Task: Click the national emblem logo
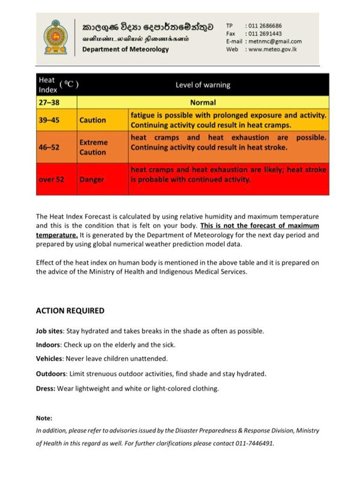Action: (x=56, y=36)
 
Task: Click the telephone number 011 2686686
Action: (x=264, y=26)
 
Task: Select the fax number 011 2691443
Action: (x=264, y=34)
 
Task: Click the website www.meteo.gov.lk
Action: (x=274, y=49)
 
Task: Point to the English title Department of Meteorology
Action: (x=125, y=49)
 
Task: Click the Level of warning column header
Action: (x=203, y=85)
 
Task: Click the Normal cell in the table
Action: (x=203, y=103)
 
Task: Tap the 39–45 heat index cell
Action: (x=50, y=120)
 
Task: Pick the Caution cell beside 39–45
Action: (x=92, y=120)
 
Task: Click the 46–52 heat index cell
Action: (x=50, y=147)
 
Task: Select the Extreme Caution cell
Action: (x=94, y=147)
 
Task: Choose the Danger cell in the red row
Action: (x=92, y=179)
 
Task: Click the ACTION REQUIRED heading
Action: (x=70, y=311)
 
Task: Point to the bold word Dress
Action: (x=46, y=388)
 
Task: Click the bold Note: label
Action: (x=44, y=418)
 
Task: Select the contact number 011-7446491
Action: (x=254, y=444)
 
